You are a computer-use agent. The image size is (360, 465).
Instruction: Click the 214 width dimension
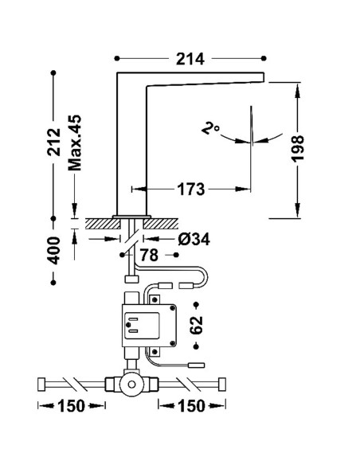[190, 59]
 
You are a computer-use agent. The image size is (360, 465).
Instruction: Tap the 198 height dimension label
[297, 148]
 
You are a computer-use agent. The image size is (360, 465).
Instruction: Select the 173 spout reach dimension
[191, 190]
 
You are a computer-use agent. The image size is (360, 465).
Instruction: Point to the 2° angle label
[210, 129]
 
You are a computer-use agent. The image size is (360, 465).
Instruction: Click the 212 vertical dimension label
[54, 142]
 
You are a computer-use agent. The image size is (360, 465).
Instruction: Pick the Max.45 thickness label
[74, 143]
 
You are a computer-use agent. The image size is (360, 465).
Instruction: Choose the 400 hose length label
[54, 250]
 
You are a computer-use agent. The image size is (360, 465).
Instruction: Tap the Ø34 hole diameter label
[194, 239]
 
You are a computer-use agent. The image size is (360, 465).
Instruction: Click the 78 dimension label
[149, 255]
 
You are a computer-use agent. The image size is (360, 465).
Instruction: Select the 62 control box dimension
[196, 326]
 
